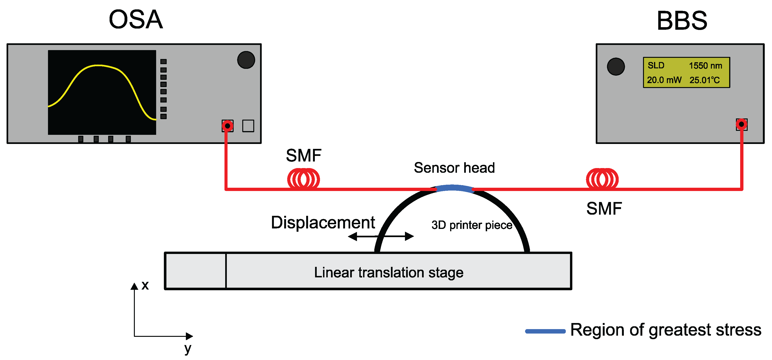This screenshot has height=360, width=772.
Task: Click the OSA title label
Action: click(136, 20)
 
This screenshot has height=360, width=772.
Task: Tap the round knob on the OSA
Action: click(246, 60)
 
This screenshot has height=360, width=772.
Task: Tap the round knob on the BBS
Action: click(616, 66)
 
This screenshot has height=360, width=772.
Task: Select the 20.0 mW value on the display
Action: click(664, 80)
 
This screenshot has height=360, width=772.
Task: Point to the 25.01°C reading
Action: click(704, 80)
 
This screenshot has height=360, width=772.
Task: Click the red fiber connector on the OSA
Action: click(228, 126)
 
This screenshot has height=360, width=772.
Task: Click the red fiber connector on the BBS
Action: click(741, 124)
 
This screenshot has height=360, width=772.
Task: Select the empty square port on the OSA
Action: click(248, 126)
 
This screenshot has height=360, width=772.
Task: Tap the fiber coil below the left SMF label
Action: click(303, 179)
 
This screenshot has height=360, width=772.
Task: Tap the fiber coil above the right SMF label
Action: click(602, 179)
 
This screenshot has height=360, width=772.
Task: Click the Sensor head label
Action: click(454, 168)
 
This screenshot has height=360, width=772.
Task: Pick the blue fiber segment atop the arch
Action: click(454, 188)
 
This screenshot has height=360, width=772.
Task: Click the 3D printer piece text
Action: click(472, 225)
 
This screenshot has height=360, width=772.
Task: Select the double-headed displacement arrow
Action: click(381, 236)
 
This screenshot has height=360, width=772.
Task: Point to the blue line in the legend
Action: click(545, 331)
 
